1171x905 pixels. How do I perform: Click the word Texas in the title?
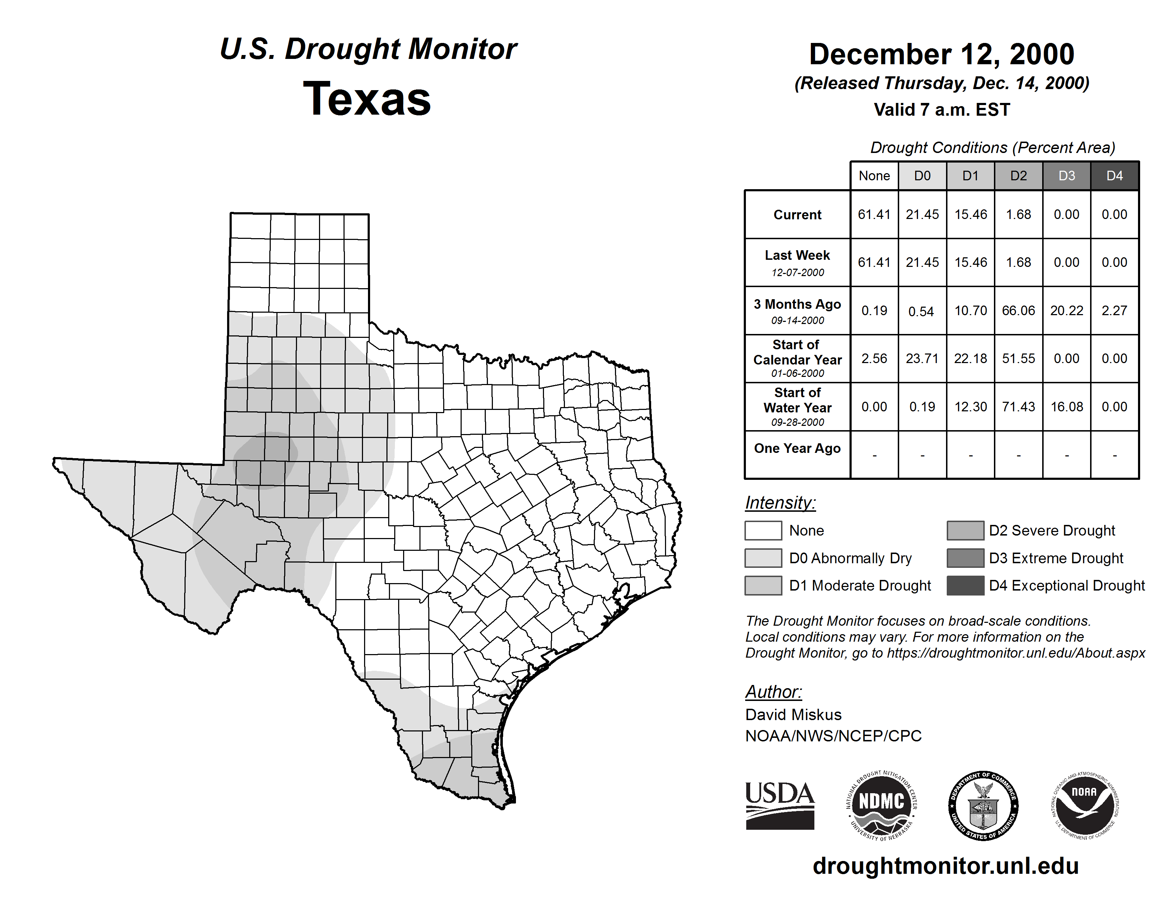[x=367, y=99]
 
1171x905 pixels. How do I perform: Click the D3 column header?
[x=1066, y=176]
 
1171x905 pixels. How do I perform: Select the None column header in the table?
[x=874, y=176]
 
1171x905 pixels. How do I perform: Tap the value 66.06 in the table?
[x=1018, y=311]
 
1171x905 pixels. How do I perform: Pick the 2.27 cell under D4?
[x=1114, y=311]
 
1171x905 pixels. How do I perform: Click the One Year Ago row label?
[x=797, y=449]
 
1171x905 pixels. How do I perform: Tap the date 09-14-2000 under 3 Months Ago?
[x=797, y=320]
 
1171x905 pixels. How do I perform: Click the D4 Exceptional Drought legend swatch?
[x=965, y=586]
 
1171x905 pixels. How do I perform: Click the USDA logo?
[x=780, y=805]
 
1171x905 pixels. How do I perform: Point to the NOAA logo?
[x=1084, y=805]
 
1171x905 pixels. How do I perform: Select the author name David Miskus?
[x=793, y=715]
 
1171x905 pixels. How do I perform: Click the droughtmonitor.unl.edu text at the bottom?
[x=945, y=866]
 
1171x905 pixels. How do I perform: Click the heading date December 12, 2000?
[x=941, y=55]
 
